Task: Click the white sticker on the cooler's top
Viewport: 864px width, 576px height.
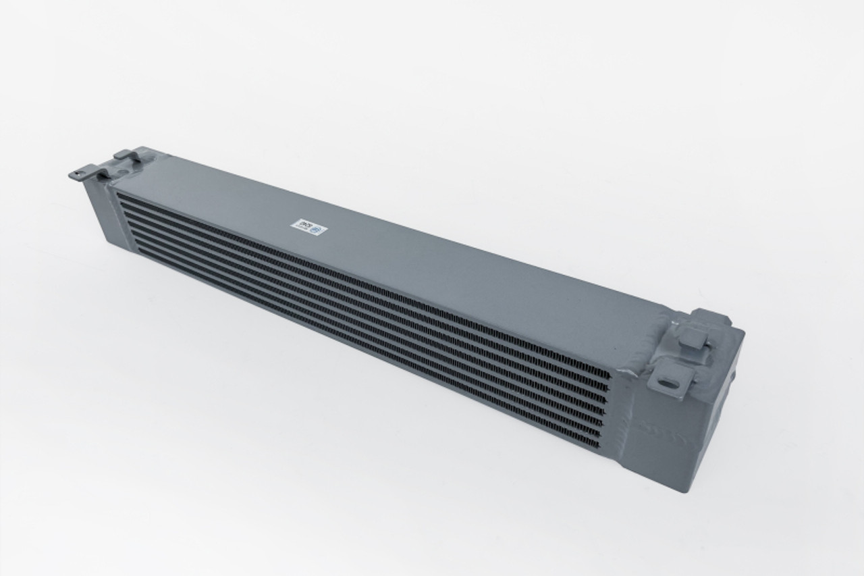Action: click(x=308, y=226)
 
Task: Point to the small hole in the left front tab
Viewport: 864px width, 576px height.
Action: click(x=78, y=175)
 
